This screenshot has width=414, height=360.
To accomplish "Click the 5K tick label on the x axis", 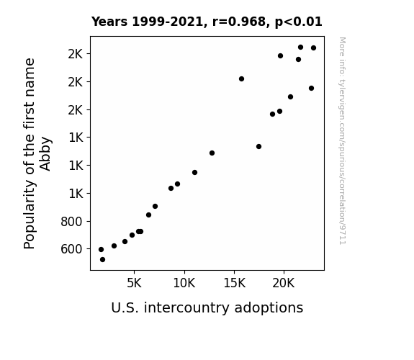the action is tap(134, 283).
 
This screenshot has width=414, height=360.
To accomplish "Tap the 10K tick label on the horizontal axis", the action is tap(184, 283).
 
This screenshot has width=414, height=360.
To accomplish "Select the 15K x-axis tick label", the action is tap(234, 283).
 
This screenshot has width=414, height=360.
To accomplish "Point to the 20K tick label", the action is tap(284, 283).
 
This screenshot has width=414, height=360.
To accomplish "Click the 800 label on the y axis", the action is tap(71, 221).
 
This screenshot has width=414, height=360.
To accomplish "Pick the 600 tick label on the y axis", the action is tap(71, 249).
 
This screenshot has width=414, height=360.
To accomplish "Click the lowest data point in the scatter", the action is tap(102, 260).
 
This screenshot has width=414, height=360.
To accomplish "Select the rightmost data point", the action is tap(313, 48).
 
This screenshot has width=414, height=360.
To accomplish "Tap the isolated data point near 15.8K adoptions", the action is tap(241, 78).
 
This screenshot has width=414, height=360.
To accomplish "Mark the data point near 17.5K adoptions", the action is tap(258, 146).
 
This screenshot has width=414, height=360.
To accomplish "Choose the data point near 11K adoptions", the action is tap(194, 173).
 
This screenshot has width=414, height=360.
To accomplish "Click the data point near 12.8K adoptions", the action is tap(212, 153).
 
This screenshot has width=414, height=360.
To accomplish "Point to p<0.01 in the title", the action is tap(299, 22).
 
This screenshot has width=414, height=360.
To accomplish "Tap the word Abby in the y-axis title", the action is tap(45, 153).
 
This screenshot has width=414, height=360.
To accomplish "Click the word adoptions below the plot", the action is tap(269, 308).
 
